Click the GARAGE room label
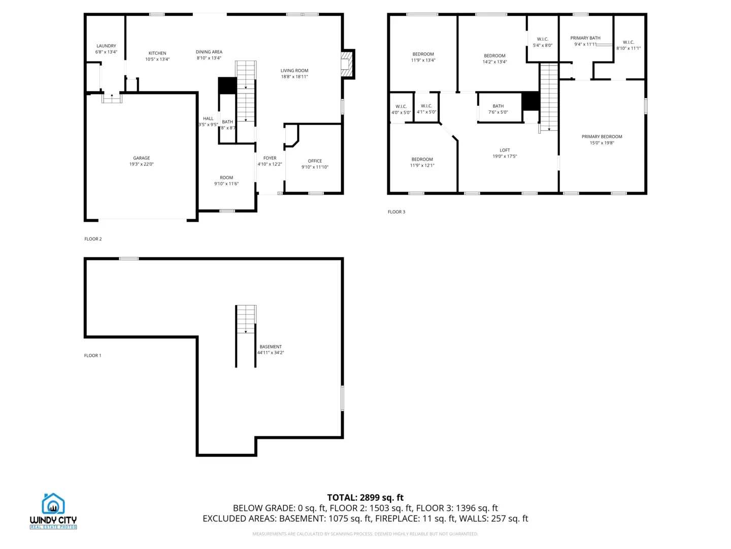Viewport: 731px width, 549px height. pos(142,158)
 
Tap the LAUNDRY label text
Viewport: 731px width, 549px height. pos(106,46)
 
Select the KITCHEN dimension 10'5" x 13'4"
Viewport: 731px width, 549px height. pos(157,59)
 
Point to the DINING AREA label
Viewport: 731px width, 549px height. pos(209,52)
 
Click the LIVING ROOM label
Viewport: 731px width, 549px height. pos(294,71)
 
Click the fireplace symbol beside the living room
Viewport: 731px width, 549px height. pos(347,64)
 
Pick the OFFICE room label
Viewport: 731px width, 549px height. pos(315,161)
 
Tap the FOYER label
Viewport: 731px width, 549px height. pos(270,158)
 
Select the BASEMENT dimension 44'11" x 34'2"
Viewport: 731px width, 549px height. pos(271,353)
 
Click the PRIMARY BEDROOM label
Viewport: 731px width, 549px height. pos(602,137)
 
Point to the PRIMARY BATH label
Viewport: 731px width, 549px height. pos(585,38)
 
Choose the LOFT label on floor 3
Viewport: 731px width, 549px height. pos(505,150)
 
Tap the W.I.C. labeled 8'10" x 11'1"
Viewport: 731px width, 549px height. pos(628,45)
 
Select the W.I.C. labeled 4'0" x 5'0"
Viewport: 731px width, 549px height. pos(401,109)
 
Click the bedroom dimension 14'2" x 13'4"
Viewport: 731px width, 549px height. pos(494,62)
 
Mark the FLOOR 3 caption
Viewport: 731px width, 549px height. pos(396,212)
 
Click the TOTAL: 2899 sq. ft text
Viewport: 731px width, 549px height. pos(365,498)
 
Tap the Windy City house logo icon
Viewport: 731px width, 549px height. pos(53,504)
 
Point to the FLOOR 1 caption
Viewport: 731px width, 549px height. pos(92,355)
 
